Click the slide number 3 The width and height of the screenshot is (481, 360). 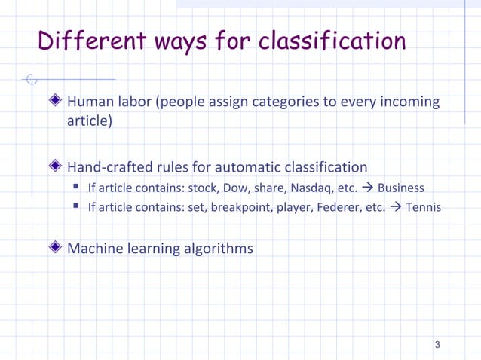437,345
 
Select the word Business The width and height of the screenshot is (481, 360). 401,188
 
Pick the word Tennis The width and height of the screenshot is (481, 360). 423,207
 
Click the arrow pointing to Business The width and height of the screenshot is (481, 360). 367,188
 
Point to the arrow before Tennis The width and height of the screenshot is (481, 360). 395,207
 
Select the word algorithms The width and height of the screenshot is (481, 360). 219,248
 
